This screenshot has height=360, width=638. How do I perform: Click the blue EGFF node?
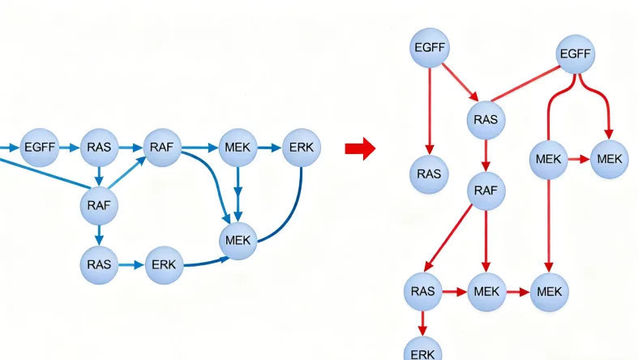point(39,147)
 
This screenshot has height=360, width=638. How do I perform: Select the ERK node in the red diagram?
point(422,350)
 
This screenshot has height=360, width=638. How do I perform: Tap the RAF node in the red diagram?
point(486,191)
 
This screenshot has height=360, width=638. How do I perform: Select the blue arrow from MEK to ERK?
point(269,148)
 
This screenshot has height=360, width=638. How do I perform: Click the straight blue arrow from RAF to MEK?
point(199,148)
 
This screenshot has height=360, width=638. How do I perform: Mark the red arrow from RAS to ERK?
point(422,323)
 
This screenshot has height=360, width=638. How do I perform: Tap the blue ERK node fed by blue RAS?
point(165,264)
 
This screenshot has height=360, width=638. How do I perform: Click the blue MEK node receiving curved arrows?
point(238,240)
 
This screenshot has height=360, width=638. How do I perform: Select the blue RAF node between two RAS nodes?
point(100,204)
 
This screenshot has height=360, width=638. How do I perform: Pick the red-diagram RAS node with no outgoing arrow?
point(429,174)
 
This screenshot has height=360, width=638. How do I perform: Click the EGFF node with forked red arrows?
point(576,55)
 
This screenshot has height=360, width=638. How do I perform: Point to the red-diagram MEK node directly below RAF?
point(486,290)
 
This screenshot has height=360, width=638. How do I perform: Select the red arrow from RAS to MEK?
point(455,290)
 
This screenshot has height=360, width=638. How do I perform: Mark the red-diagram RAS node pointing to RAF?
point(486,120)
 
